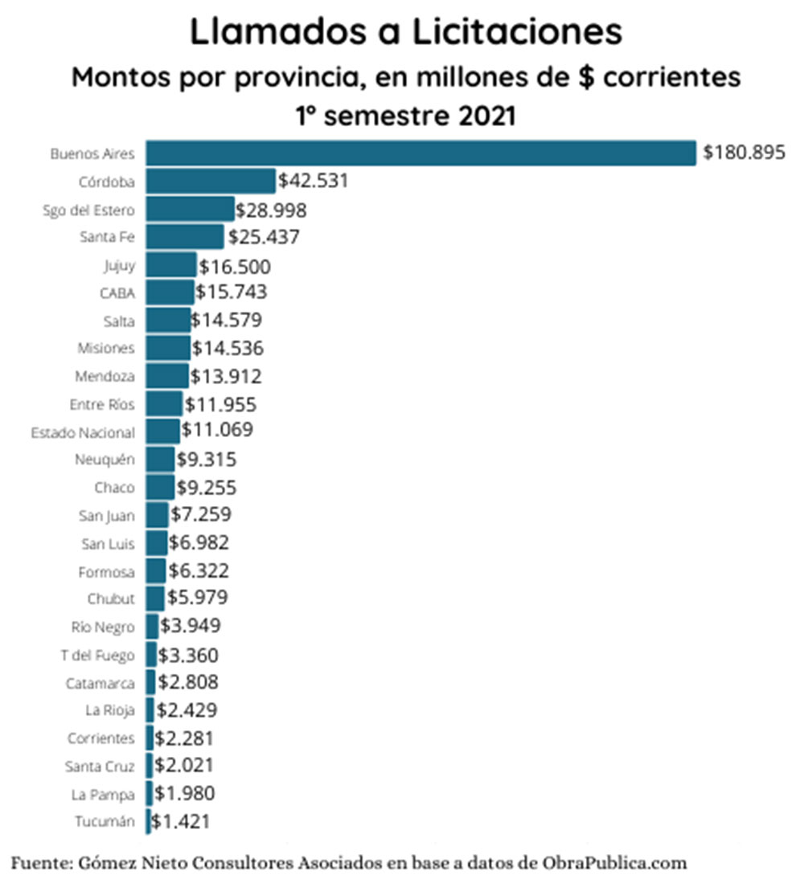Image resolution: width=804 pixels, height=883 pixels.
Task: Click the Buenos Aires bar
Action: [x=420, y=153]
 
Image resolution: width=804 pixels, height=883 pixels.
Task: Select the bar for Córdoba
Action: [x=211, y=181]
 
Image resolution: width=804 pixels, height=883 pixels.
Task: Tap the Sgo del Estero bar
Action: [x=191, y=209]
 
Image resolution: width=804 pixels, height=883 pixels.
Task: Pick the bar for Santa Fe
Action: [x=185, y=237]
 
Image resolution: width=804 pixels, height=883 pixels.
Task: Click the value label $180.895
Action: [x=744, y=153]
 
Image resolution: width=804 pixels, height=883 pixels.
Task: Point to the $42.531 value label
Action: [x=313, y=181]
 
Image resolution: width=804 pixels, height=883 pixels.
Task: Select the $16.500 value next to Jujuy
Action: [x=235, y=267]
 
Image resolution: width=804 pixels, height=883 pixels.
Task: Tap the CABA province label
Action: [x=119, y=293]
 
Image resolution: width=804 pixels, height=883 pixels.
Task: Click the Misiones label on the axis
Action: [x=106, y=349]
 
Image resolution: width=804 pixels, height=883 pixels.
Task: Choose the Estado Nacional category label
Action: [x=83, y=432]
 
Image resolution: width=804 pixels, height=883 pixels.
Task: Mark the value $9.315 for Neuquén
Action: [x=206, y=460]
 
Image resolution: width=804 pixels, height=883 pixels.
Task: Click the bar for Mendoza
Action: [x=167, y=376]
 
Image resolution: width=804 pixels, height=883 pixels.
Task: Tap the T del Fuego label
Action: [x=97, y=656]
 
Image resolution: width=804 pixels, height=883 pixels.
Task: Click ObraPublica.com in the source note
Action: [x=613, y=864]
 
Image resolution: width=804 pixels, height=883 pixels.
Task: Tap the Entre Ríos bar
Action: [x=164, y=404]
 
